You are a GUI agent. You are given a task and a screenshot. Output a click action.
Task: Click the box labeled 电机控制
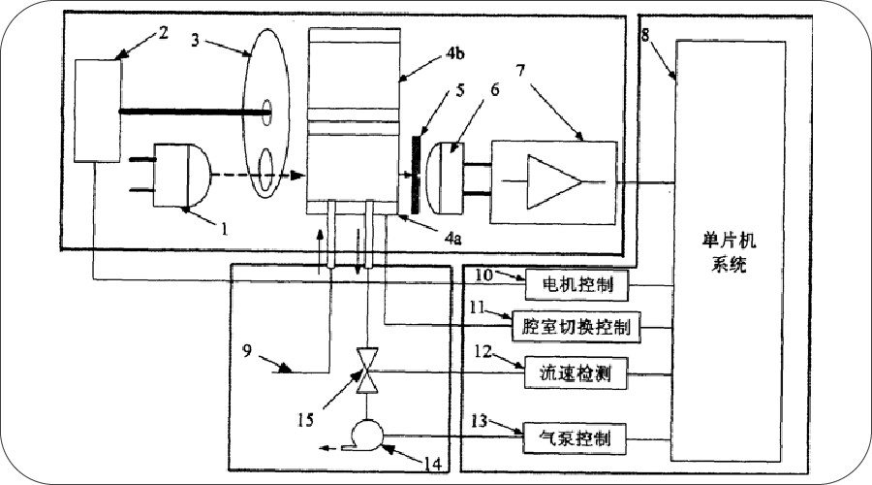[576, 286]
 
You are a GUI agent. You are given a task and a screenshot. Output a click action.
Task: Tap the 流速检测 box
[576, 372]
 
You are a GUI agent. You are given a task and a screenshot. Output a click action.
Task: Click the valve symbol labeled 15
[366, 371]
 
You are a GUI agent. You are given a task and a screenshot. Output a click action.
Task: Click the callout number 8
[645, 36]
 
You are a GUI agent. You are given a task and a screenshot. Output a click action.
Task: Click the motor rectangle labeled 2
[98, 110]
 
